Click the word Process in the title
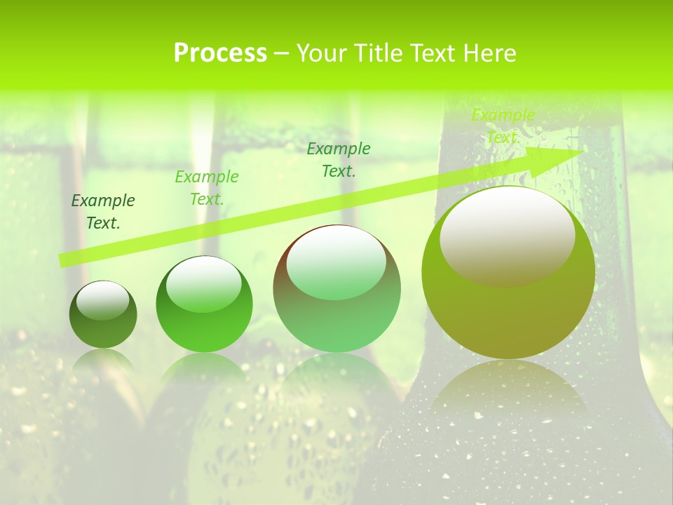220,53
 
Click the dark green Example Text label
103,211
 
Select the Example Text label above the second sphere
207,187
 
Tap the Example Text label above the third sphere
339,159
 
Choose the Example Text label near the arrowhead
503,126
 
